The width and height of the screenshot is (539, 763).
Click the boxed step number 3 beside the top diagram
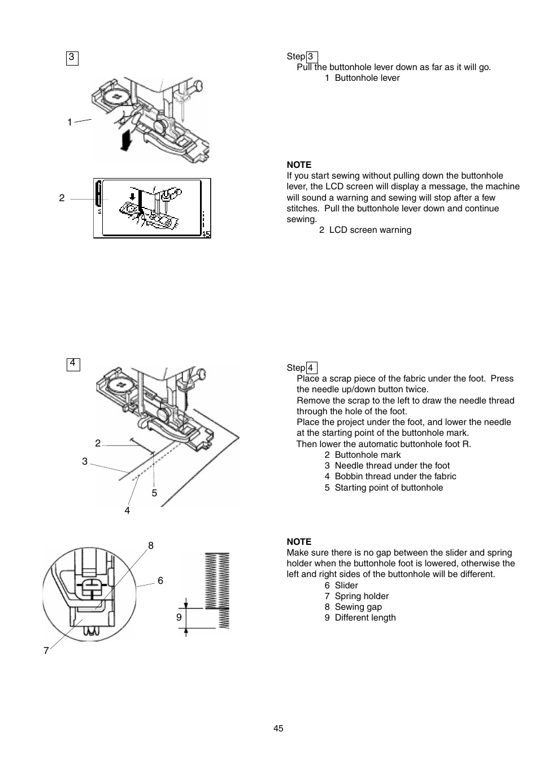coord(72,58)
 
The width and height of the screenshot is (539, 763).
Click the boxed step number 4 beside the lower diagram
coord(73,364)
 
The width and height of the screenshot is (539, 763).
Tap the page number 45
coord(278,729)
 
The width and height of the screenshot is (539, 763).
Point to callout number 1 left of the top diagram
coord(69,122)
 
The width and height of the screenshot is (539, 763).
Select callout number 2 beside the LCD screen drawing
coord(62,198)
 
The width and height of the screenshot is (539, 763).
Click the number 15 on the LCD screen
coord(206,233)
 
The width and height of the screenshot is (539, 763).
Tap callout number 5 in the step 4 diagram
coord(154,493)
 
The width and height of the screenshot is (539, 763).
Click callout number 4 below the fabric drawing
coord(127,510)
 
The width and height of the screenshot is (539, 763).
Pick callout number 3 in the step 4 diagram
coord(85,461)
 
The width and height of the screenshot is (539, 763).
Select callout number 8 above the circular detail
coord(151,545)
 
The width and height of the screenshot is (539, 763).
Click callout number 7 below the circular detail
coord(46,651)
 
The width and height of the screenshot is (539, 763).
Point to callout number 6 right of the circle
coord(160,580)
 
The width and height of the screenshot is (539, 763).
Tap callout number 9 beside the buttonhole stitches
coord(179,617)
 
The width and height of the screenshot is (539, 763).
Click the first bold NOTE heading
coord(299,165)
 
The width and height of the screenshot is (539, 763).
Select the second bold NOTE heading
coord(299,541)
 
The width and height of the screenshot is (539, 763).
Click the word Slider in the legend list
coord(346,586)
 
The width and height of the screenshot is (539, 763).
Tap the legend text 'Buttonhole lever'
coord(367,78)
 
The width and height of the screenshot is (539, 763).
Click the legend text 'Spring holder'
coord(362,596)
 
